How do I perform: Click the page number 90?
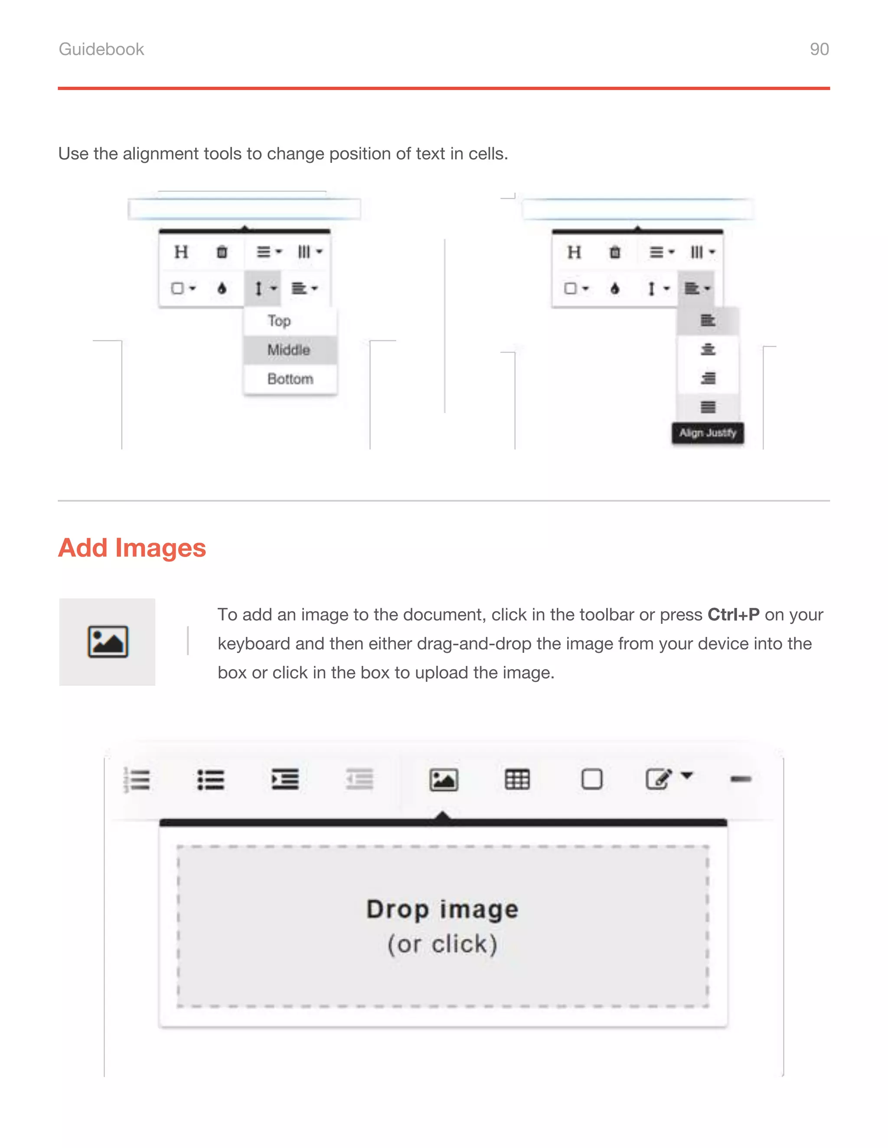[819, 49]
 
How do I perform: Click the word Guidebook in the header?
[101, 49]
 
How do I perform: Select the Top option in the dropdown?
[279, 321]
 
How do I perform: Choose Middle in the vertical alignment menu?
[288, 350]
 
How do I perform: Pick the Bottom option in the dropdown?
[290, 379]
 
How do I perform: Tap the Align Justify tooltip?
[708, 433]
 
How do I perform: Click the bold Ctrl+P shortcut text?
[733, 614]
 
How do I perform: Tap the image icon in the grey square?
[108, 642]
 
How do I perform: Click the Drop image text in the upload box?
[442, 909]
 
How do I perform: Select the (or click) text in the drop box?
[442, 944]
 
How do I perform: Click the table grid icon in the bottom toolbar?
[517, 779]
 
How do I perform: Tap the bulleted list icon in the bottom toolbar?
[211, 779]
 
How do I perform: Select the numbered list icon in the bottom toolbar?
[137, 779]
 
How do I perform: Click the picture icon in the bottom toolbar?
[444, 779]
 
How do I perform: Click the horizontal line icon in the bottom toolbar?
[741, 779]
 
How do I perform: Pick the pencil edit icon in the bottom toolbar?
[659, 779]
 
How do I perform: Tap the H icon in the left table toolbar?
[181, 252]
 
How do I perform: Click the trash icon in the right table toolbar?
[614, 252]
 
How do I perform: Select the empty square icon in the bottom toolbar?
[592, 779]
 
